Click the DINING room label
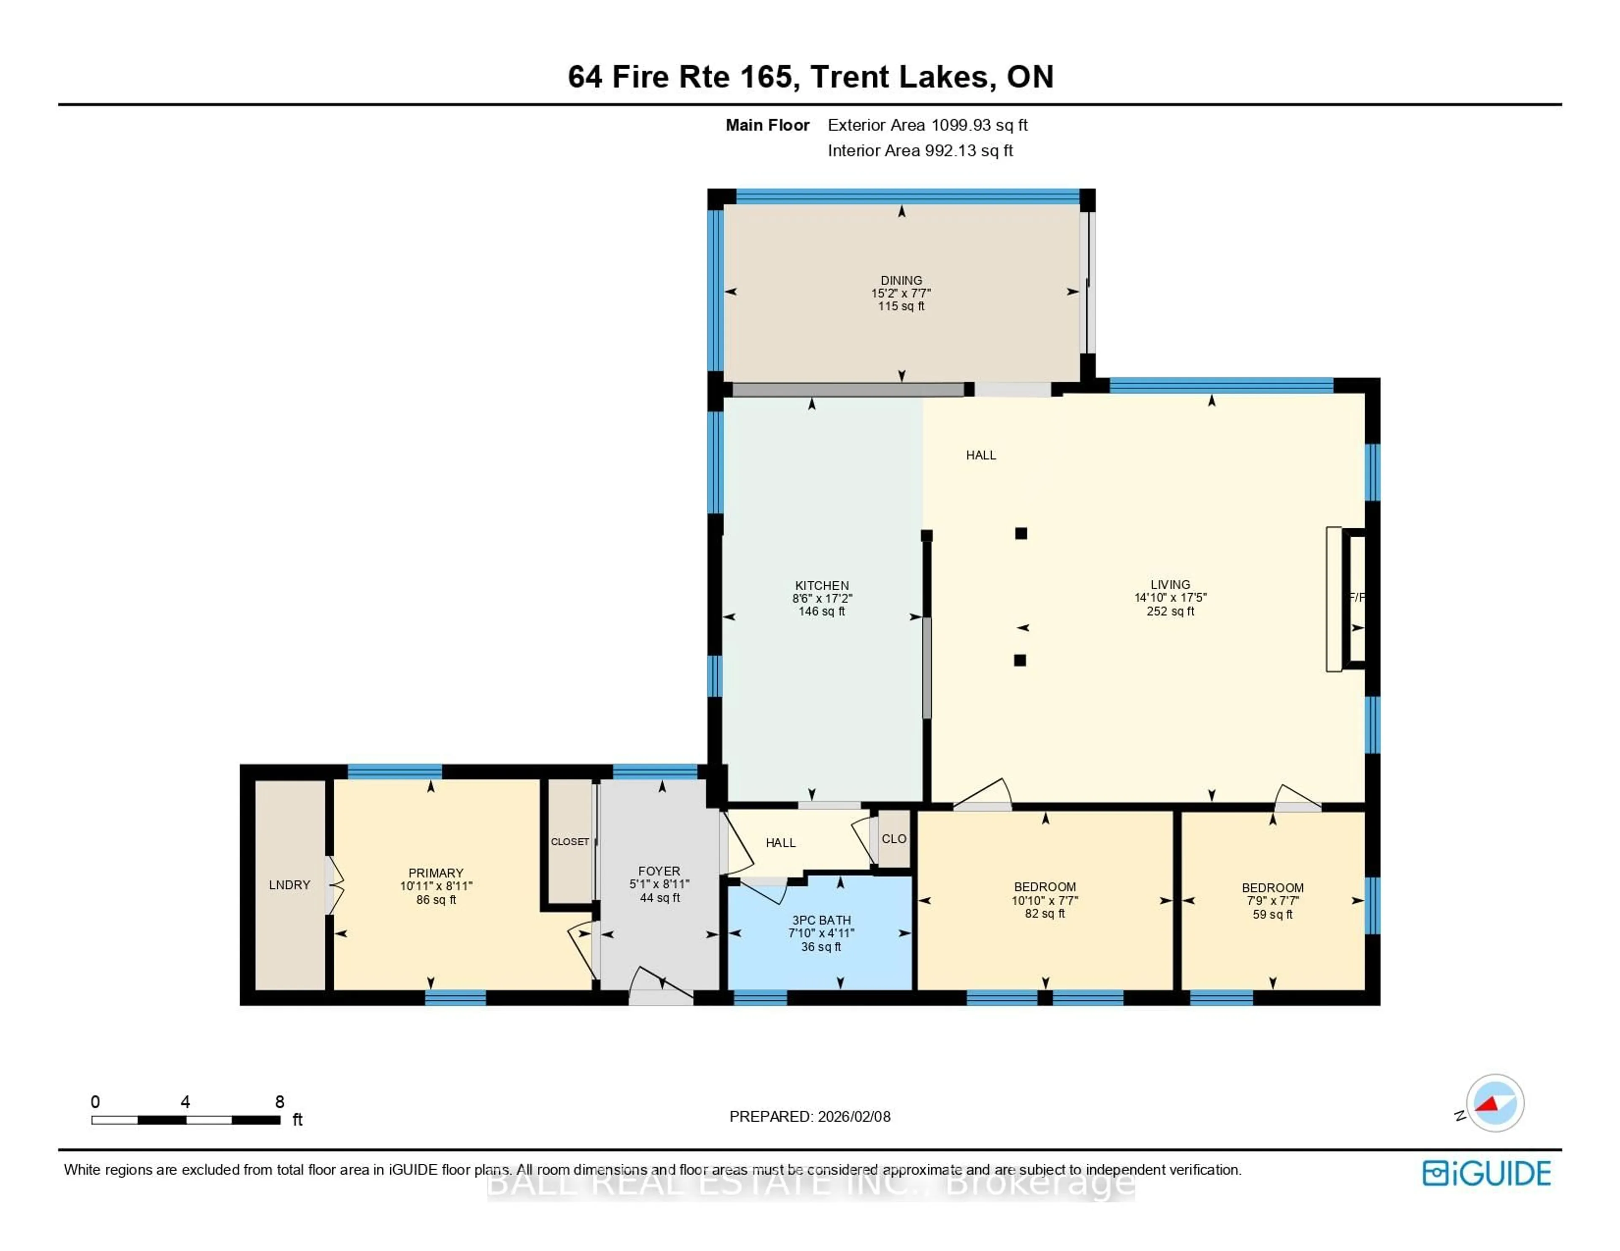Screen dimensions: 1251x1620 click(901, 280)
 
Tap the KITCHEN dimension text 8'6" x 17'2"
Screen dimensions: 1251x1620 click(822, 598)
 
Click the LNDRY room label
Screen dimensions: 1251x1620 click(289, 885)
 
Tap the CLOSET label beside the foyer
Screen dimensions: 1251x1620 click(570, 842)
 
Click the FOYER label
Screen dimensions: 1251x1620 click(659, 872)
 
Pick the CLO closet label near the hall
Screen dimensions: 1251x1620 click(894, 839)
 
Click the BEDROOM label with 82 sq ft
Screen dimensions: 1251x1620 click(1045, 887)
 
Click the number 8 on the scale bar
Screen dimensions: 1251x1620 click(280, 1102)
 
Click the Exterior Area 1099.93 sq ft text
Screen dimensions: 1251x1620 click(927, 125)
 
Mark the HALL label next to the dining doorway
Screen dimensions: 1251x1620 click(980, 455)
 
